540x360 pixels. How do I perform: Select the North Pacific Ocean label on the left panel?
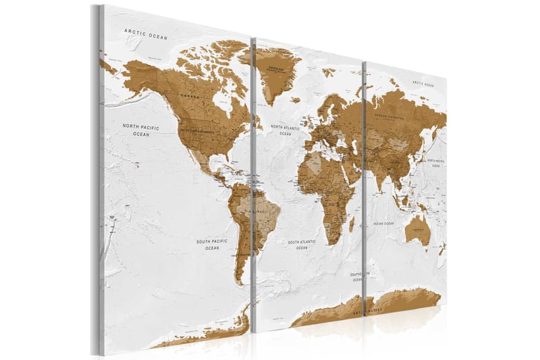[140, 130]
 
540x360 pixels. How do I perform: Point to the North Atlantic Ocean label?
[289, 129]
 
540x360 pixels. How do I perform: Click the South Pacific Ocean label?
[212, 244]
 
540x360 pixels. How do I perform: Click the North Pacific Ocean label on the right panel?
[436, 161]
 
